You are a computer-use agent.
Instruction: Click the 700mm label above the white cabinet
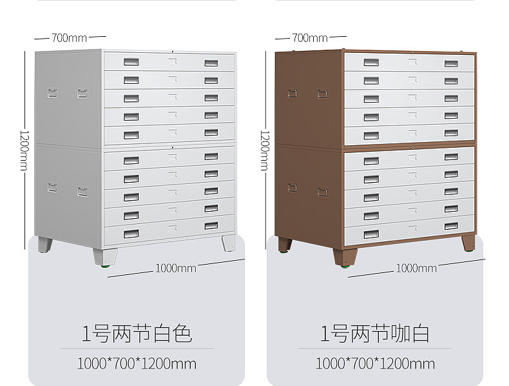70,37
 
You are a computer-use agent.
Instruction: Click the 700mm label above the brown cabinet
310,37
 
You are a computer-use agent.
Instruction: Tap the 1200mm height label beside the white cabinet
24,148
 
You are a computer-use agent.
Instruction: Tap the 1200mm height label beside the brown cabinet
264,148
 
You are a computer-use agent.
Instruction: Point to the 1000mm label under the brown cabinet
416,268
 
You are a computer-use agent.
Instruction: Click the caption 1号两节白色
137,334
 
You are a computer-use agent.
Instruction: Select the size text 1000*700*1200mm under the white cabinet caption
137,363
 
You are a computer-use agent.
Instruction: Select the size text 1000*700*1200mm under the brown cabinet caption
375,363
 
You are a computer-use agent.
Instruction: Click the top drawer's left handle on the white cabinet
131,62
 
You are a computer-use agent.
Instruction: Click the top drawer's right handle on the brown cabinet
451,63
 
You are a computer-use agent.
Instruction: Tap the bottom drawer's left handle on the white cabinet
131,234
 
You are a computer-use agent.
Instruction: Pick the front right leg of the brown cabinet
468,243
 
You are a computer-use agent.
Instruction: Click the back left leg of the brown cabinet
284,245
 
